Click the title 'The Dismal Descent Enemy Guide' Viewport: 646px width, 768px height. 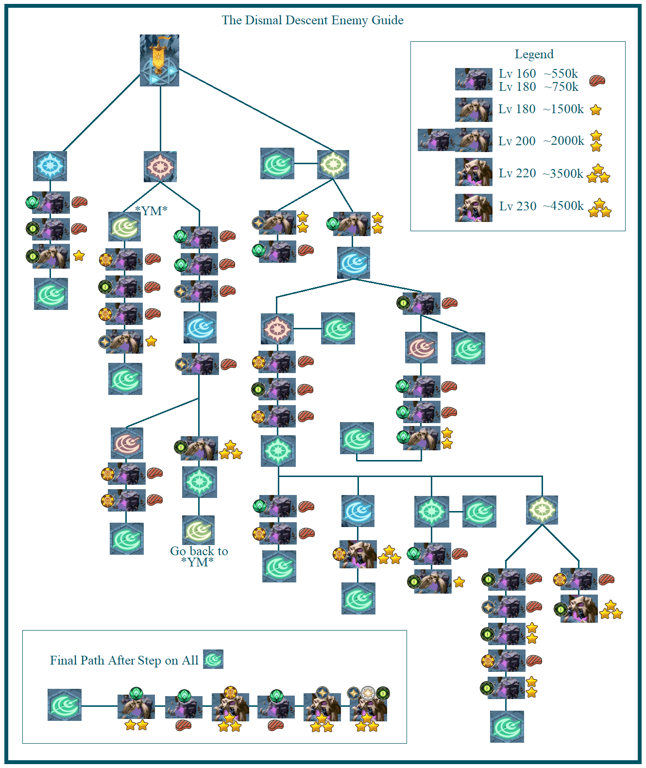click(x=312, y=20)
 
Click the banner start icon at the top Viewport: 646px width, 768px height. click(x=159, y=60)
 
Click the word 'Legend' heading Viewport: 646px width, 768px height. click(x=534, y=54)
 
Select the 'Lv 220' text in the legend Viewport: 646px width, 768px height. click(x=517, y=173)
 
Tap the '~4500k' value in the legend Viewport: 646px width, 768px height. click(x=563, y=206)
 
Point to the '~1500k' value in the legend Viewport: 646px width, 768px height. click(x=563, y=109)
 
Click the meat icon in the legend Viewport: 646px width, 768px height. click(x=597, y=81)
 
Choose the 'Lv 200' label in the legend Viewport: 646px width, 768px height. click(x=517, y=141)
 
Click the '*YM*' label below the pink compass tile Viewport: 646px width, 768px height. click(x=151, y=211)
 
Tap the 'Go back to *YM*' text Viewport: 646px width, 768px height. click(x=199, y=557)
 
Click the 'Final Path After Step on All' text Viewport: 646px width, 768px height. click(x=124, y=661)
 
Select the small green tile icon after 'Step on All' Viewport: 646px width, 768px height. click(x=213, y=659)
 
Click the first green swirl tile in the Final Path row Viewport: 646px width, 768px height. click(x=65, y=704)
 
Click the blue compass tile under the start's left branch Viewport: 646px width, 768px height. click(x=50, y=166)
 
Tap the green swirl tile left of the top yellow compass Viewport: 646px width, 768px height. click(x=277, y=164)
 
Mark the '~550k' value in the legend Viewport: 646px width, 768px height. click(x=561, y=74)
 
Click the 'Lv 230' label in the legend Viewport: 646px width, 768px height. click(x=518, y=206)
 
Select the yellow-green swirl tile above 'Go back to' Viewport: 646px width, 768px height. click(x=199, y=530)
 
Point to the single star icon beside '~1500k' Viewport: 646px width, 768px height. click(x=595, y=110)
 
